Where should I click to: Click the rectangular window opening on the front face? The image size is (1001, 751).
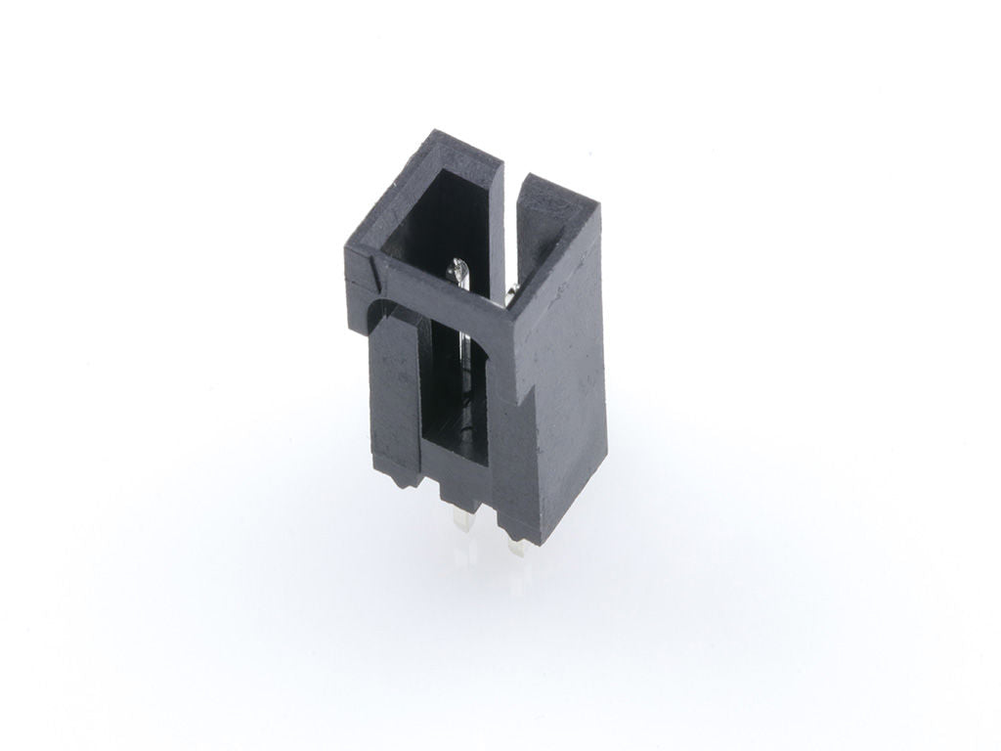pos(454,391)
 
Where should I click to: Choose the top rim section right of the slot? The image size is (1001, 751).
pos(557,195)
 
